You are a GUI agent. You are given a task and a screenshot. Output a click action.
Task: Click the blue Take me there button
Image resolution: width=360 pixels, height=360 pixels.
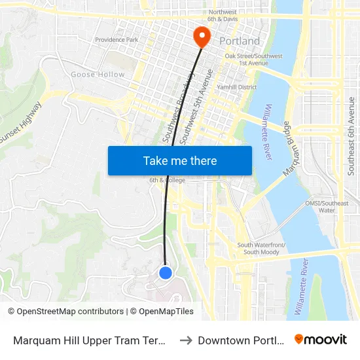click(x=179, y=160)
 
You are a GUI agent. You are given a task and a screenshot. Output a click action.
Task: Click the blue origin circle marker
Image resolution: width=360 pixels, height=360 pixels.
click(x=166, y=272)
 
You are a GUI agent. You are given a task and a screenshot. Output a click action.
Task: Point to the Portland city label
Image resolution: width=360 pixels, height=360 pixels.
click(x=239, y=41)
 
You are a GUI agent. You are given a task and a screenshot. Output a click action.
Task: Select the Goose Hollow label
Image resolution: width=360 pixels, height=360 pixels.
click(x=98, y=75)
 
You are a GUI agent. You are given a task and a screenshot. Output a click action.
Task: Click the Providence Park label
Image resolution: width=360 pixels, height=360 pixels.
click(x=117, y=40)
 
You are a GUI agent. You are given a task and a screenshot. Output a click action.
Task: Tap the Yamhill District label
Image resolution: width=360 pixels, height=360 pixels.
click(x=238, y=86)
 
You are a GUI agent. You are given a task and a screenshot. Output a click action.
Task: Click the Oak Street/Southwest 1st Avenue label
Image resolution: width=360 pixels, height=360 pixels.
click(x=253, y=60)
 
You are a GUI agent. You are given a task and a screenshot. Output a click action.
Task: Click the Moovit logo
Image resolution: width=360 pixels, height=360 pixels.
click(x=320, y=339)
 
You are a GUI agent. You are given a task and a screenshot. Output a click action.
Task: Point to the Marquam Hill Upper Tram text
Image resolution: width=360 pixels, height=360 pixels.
click(x=88, y=340)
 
